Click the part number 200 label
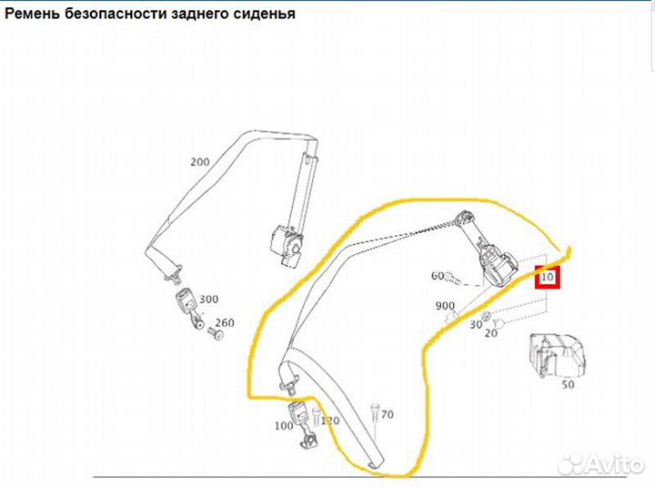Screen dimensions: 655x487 pyautogui.click(x=199, y=162)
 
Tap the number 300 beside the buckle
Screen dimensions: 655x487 pyautogui.click(x=208, y=299)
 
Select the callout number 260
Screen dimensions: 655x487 pyautogui.click(x=225, y=323)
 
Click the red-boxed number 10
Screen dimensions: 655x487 pyautogui.click(x=548, y=277)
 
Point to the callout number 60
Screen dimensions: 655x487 pyautogui.click(x=438, y=276)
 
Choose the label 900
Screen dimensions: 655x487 pyautogui.click(x=445, y=306)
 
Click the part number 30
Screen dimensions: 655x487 pyautogui.click(x=476, y=324)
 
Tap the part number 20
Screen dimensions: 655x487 pyautogui.click(x=491, y=333)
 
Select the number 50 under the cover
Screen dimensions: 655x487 pyautogui.click(x=568, y=384)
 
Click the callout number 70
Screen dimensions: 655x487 pyautogui.click(x=388, y=414)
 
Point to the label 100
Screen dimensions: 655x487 pyautogui.click(x=284, y=426)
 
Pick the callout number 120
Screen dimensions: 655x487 pyautogui.click(x=330, y=421)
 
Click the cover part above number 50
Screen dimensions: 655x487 pyautogui.click(x=557, y=355)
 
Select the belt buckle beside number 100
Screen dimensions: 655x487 pyautogui.click(x=303, y=424)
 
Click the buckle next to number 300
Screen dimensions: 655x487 pyautogui.click(x=188, y=309)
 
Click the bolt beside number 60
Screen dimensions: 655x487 pyautogui.click(x=453, y=279)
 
